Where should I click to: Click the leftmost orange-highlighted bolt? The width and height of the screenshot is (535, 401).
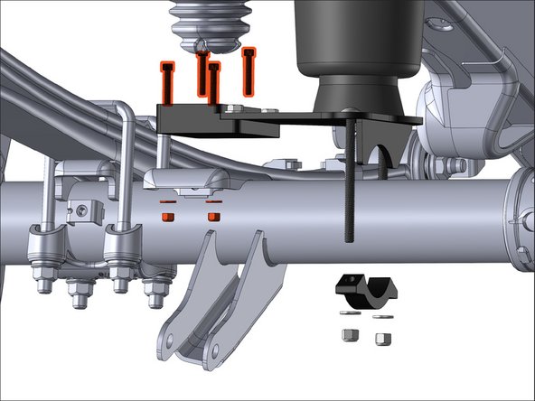tap(167, 81)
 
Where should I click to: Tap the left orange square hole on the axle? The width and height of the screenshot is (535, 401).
tap(166, 218)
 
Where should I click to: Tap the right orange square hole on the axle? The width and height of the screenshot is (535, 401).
tap(214, 218)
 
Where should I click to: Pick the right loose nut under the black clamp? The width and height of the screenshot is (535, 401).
tap(381, 339)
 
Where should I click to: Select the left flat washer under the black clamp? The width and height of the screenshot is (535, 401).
tap(347, 315)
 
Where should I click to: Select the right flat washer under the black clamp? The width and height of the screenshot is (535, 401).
tap(381, 318)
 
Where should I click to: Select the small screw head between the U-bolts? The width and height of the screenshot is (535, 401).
tap(84, 210)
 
